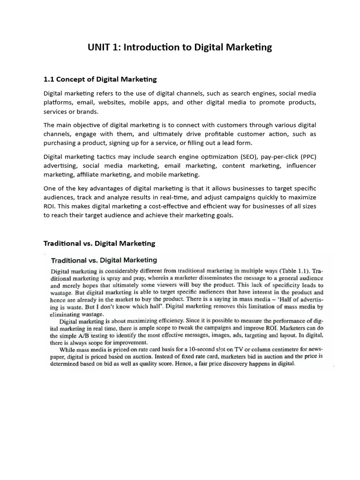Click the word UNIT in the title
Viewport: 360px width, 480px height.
click(x=99, y=47)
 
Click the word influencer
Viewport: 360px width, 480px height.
click(x=298, y=165)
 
